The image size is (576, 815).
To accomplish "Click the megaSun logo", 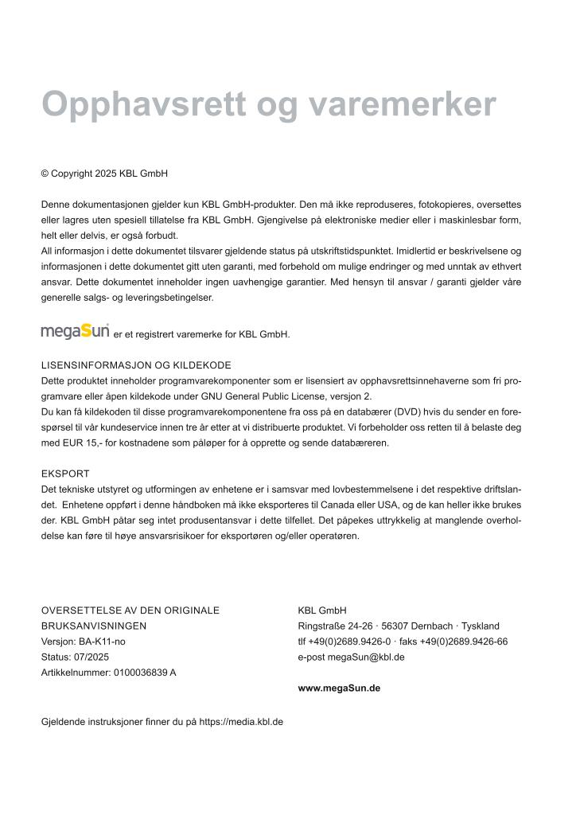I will coord(76,330).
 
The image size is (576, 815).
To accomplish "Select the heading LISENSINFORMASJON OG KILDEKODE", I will coord(136,365).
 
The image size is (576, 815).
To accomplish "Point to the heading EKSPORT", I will coord(65,474).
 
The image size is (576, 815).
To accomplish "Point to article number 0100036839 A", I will coord(145,673).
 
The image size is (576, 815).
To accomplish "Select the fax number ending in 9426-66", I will coord(465,641).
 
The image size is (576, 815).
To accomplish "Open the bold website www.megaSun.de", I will coord(339,688).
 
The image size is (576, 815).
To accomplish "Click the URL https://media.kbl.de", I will coord(241,723).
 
